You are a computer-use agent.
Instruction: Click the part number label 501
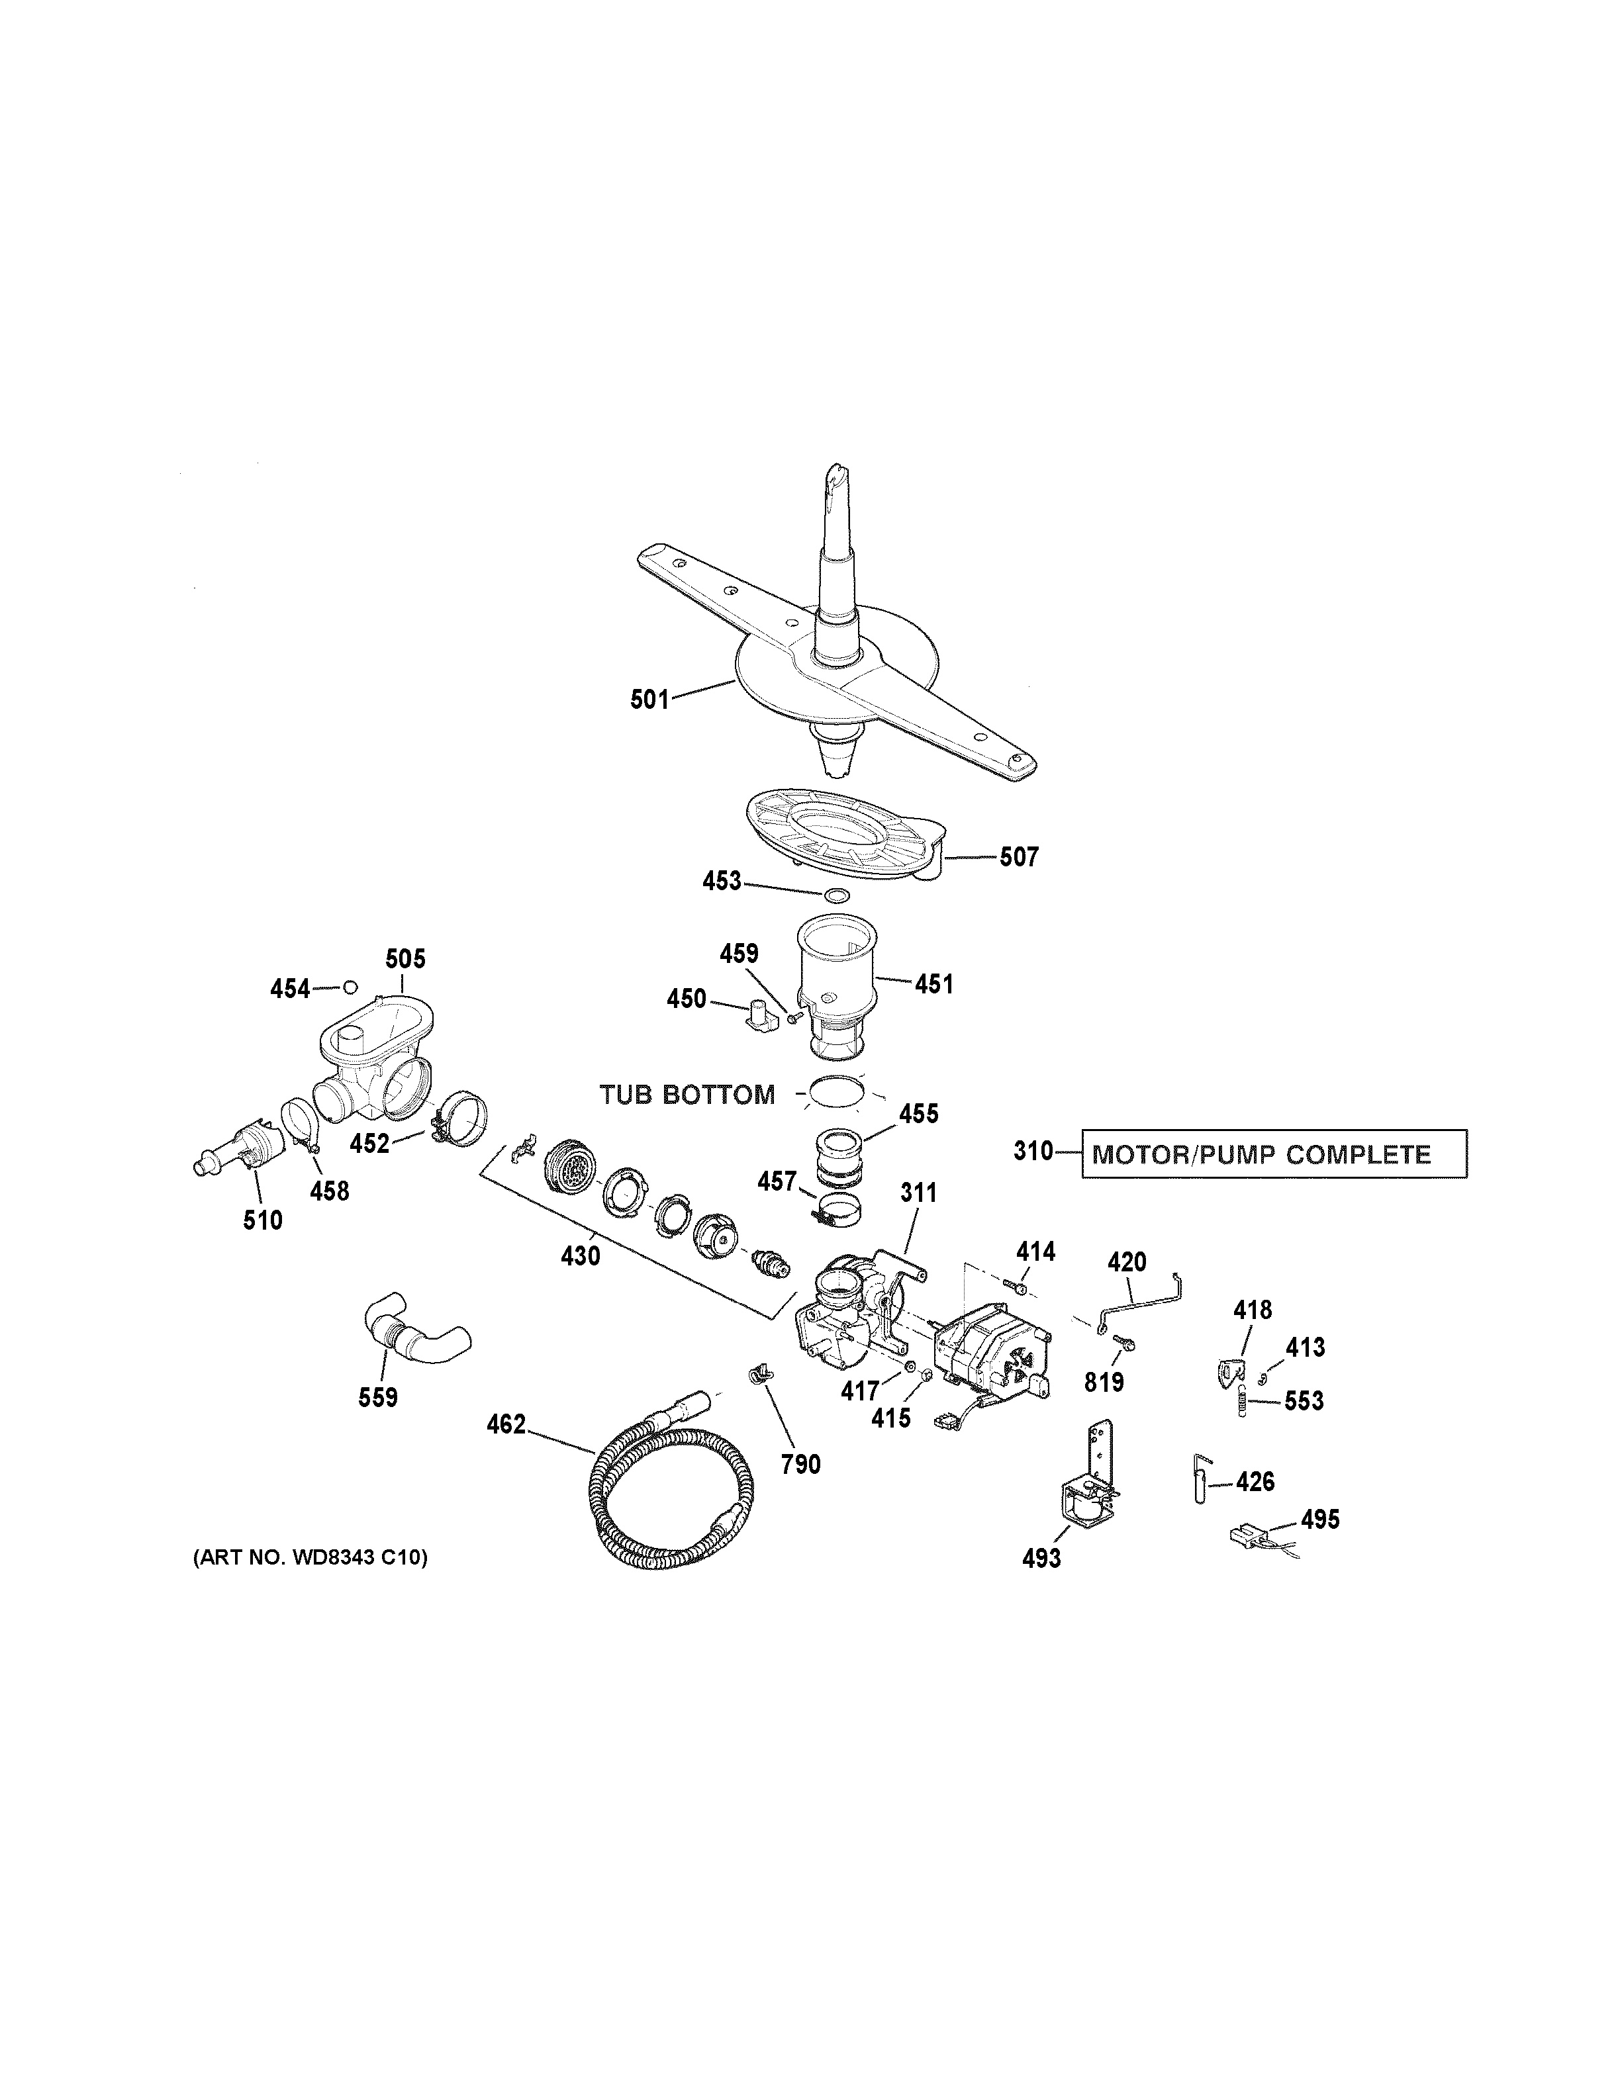pos(649,700)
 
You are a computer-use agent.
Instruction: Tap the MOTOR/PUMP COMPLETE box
pos(1274,1154)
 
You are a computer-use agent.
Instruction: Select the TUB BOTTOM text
pos(687,1095)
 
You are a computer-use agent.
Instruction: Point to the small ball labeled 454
pos(350,987)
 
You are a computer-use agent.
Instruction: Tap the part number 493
pos(1041,1557)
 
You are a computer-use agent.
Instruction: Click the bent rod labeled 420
pos(1137,1301)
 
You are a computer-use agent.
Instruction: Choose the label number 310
pos(1033,1152)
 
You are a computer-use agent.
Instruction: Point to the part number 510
pos(262,1220)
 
